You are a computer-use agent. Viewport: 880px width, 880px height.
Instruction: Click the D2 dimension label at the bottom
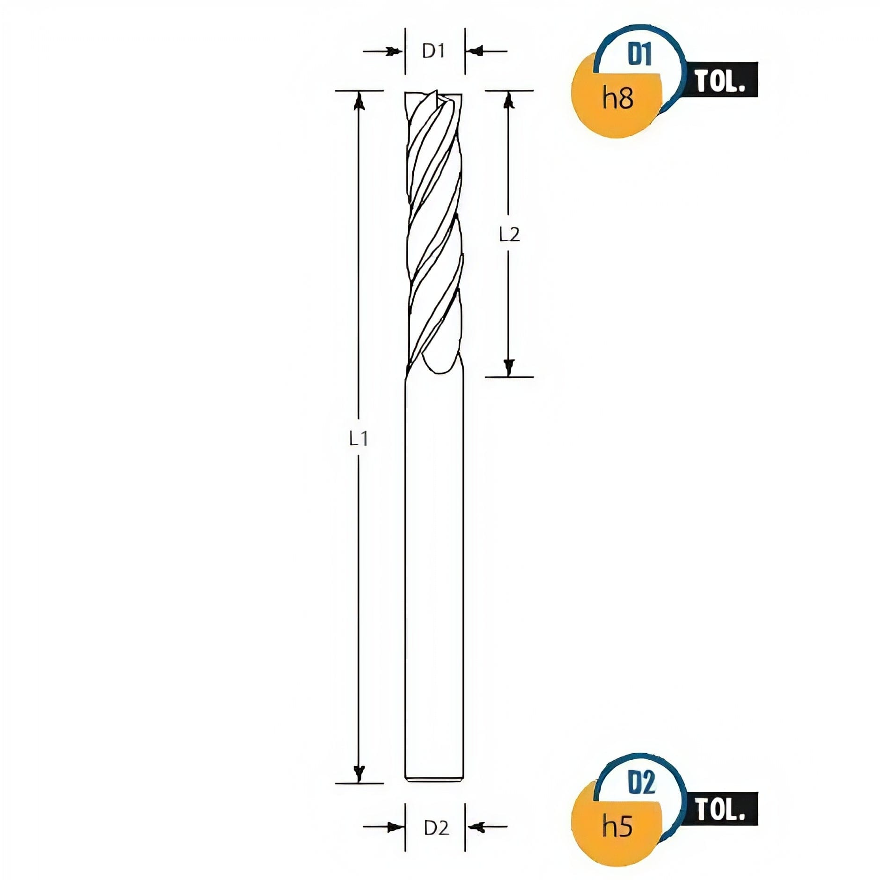tap(436, 829)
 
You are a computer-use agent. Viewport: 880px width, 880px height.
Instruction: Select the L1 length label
tap(359, 439)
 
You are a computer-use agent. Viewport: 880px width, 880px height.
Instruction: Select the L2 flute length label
tap(509, 235)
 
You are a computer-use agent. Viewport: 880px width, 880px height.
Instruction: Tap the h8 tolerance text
tap(618, 98)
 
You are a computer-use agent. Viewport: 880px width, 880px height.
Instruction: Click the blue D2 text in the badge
tap(641, 782)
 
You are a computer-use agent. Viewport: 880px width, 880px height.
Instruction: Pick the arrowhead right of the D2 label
tap(474, 827)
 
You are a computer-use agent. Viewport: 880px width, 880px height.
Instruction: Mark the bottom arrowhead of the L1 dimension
tap(359, 774)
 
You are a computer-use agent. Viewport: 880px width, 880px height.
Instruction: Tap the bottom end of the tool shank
tap(434, 780)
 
